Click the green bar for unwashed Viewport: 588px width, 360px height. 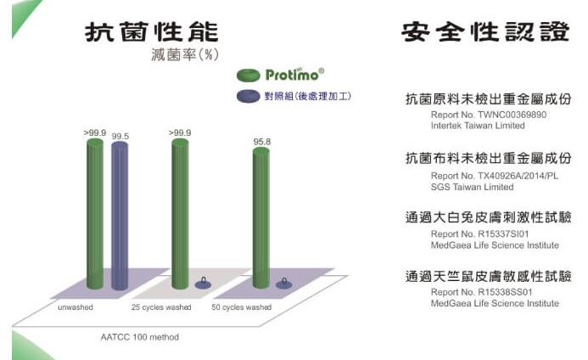[x=95, y=214]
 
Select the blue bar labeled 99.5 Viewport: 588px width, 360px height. [x=120, y=216]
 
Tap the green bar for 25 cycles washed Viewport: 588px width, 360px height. [x=180, y=214]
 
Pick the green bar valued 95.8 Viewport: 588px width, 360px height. [x=261, y=217]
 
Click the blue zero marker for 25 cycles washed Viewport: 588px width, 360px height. [x=203, y=284]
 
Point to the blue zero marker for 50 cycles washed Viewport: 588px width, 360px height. [x=284, y=284]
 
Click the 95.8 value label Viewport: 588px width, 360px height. [x=261, y=142]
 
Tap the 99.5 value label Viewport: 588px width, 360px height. [x=120, y=136]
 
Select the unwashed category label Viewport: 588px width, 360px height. [x=76, y=307]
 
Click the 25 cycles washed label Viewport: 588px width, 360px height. [x=161, y=307]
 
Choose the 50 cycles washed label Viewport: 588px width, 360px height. [x=242, y=307]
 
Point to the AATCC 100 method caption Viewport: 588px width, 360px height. [x=139, y=337]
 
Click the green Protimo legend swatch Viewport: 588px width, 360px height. [x=249, y=75]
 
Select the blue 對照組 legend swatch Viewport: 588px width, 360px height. [x=249, y=96]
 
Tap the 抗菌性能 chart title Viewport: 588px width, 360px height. [x=152, y=32]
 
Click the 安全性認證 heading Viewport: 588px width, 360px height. [x=485, y=32]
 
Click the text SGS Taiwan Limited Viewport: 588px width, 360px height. [x=472, y=187]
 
